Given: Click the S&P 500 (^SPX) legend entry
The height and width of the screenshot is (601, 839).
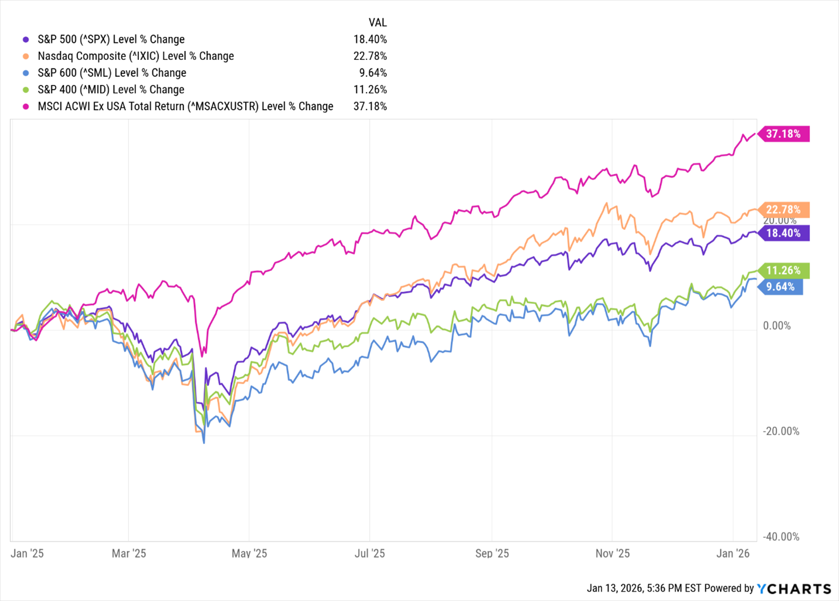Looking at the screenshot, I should click(111, 39).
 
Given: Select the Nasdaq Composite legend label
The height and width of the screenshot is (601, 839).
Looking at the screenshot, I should click(135, 56).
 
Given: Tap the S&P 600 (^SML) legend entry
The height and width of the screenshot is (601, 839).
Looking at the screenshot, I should click(112, 73).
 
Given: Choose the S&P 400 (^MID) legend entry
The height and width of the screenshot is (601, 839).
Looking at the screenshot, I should click(111, 90).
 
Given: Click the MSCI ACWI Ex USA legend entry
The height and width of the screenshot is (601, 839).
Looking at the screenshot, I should click(185, 106).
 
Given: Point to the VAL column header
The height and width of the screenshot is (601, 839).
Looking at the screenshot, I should click(378, 22).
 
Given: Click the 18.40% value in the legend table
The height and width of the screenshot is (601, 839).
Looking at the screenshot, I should click(370, 39).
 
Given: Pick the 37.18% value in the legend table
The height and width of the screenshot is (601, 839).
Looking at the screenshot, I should click(370, 106).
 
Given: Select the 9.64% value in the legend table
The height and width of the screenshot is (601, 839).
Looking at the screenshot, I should click(373, 73).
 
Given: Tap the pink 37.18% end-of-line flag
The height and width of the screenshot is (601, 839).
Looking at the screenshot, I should click(783, 134).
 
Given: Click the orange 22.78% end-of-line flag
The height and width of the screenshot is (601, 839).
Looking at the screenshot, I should click(783, 209).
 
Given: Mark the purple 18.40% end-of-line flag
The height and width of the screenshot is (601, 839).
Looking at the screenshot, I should click(783, 233).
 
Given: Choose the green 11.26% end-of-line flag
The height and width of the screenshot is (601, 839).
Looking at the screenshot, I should click(783, 270).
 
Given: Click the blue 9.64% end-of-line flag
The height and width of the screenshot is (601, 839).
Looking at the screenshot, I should click(780, 287).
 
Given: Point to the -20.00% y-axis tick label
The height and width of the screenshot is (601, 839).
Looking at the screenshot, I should click(780, 432).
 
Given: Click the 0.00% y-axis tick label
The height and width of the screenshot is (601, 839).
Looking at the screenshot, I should click(777, 326).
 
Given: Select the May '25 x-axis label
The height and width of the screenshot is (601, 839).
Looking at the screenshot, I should click(249, 554).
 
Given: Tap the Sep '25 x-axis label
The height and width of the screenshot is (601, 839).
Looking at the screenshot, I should click(492, 554).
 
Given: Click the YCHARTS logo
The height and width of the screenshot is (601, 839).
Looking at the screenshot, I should click(794, 588).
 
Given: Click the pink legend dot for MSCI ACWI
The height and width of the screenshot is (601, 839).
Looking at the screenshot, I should click(26, 106).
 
